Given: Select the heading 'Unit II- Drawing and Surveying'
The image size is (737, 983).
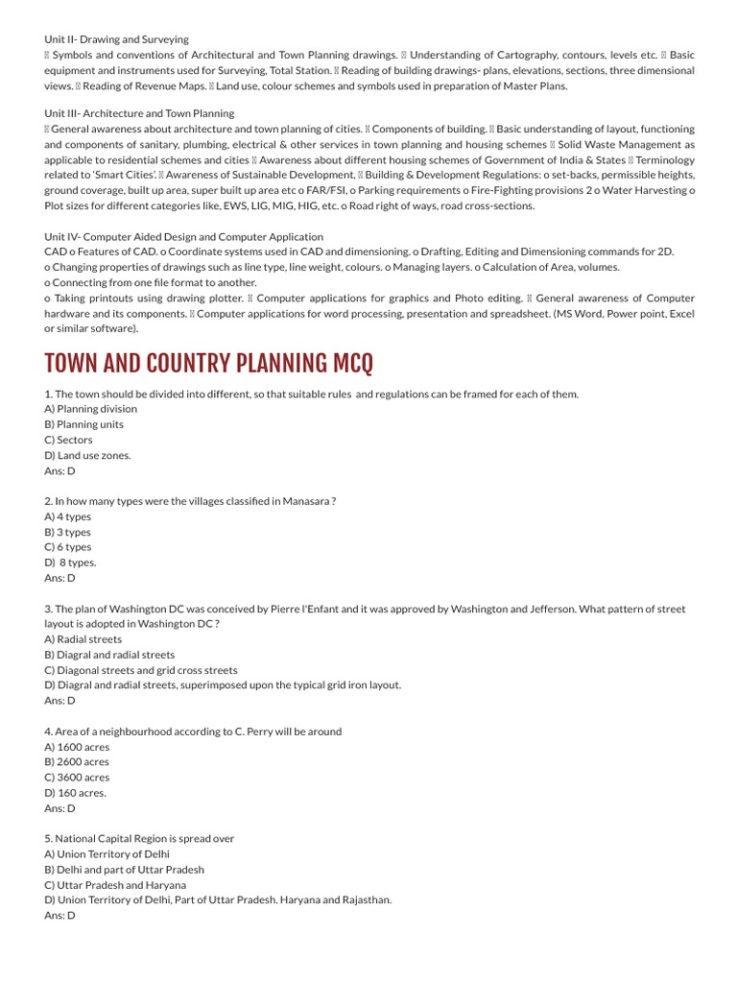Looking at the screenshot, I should [116, 39].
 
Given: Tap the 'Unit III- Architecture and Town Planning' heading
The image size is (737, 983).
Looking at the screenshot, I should [139, 113].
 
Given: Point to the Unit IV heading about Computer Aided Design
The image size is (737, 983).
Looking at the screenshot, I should [183, 236].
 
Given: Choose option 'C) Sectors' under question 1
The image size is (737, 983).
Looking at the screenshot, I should [68, 440].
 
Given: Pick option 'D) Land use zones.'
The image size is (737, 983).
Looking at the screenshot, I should [87, 455].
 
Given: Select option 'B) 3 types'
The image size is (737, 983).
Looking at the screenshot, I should [67, 532].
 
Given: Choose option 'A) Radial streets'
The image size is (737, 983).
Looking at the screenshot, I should [83, 639].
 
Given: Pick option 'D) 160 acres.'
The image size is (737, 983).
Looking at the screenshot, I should [76, 793].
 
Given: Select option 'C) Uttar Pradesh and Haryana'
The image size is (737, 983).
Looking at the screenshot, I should [115, 885].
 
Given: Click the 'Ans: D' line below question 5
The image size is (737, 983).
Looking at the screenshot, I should [59, 916].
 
